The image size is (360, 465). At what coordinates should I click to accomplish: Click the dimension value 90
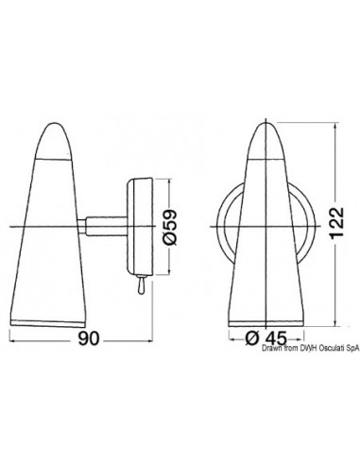click(89, 338)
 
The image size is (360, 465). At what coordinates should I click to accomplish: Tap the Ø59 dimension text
click(171, 227)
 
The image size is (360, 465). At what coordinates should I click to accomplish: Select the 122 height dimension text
click(336, 223)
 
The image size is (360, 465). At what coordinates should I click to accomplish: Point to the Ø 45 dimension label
click(266, 338)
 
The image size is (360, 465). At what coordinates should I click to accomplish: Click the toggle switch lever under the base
click(141, 284)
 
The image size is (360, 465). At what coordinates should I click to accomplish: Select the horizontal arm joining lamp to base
click(106, 227)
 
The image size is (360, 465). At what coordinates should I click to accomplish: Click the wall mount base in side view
click(140, 227)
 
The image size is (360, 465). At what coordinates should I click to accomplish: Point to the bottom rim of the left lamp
click(48, 323)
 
